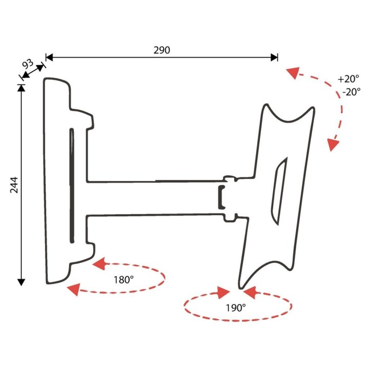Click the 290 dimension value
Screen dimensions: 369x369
tap(161, 50)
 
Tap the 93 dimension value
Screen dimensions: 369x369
tap(28, 64)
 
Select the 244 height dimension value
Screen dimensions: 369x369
tap(14, 185)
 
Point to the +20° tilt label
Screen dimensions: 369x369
tap(348, 78)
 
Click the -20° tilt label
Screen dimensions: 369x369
tap(352, 92)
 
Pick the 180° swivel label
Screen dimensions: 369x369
tap(124, 280)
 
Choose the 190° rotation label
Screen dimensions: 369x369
tap(236, 307)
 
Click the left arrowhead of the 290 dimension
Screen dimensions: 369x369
tap(49, 57)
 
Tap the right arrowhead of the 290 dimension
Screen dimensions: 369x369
tap(274, 57)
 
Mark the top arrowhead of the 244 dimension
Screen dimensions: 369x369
tap(21, 88)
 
